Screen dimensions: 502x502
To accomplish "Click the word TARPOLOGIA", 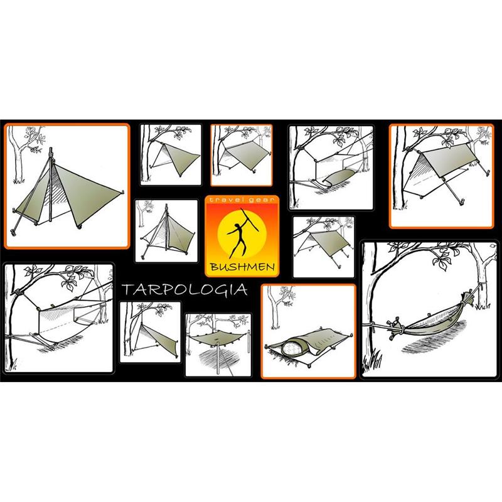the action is pyautogui.click(x=184, y=290).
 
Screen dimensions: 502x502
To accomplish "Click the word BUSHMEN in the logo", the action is pyautogui.click(x=242, y=267).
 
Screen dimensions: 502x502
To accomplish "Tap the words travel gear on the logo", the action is pyautogui.click(x=242, y=200).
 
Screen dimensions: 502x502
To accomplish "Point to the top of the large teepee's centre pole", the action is pyautogui.click(x=50, y=149).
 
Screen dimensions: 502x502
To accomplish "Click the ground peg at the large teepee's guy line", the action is pyautogui.click(x=13, y=231).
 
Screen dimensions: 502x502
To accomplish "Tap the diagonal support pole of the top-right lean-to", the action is pyautogui.click(x=451, y=190).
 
